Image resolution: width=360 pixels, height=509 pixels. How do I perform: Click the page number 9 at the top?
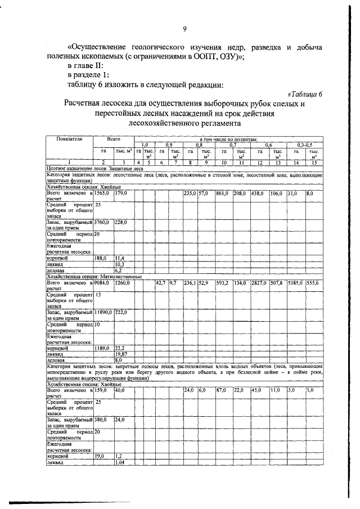[x=184, y=30]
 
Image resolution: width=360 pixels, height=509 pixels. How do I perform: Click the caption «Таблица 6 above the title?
[x=304, y=94]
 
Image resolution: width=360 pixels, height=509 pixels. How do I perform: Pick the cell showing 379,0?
[x=121, y=193]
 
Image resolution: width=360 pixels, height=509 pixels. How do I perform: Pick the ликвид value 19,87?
[x=121, y=354]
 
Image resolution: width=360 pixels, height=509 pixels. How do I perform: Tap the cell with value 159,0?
[x=102, y=389]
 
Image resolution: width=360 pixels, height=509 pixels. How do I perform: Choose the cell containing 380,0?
[x=102, y=419]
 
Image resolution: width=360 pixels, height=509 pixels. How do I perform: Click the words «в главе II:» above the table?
[x=88, y=65]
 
